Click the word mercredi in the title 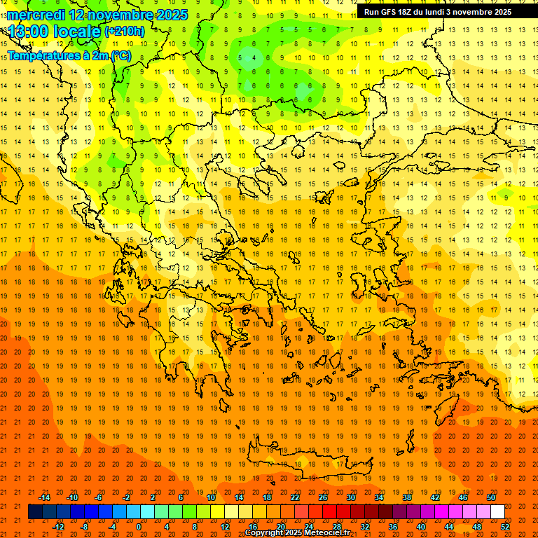click(36, 15)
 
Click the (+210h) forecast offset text click(125, 32)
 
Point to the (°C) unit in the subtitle click(120, 55)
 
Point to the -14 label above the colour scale click(44, 497)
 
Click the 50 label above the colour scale click(491, 497)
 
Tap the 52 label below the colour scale click(505, 527)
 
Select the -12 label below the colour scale click(58, 527)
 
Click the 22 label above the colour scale click(295, 497)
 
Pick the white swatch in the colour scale click(497, 512)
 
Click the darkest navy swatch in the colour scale click(35, 512)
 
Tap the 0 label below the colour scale click(138, 527)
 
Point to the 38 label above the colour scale click(407, 497)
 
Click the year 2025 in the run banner click(502, 12)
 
